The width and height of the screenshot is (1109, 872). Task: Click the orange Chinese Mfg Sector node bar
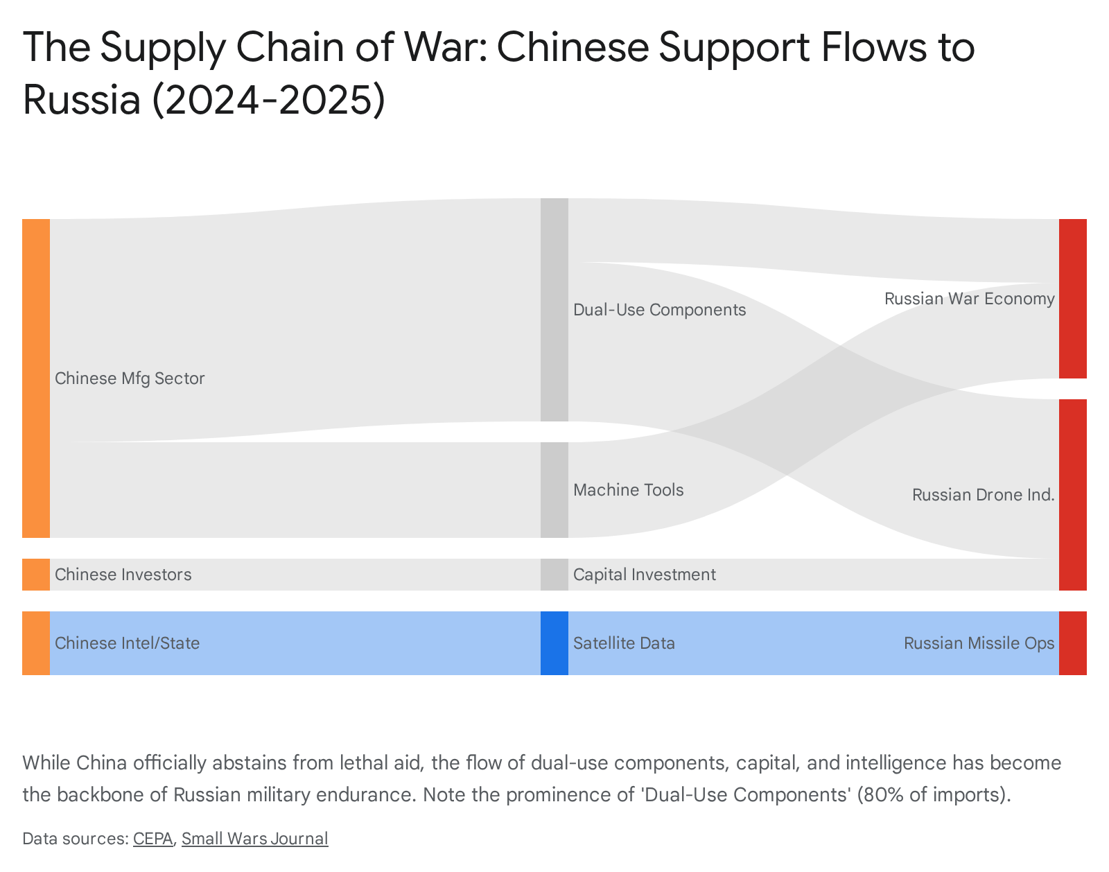coord(36,378)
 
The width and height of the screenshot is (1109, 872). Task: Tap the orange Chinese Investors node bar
coord(36,575)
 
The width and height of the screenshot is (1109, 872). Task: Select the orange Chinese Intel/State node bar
coord(36,643)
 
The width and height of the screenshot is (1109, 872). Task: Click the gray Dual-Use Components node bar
coord(554,309)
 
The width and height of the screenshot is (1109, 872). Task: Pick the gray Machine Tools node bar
coord(554,489)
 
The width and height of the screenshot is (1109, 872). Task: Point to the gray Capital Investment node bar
coord(554,575)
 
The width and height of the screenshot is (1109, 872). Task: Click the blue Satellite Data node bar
coord(554,643)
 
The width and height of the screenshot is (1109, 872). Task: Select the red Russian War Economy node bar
coord(1072,298)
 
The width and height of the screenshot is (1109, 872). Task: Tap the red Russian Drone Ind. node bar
coord(1072,494)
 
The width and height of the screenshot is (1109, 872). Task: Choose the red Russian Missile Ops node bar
coord(1072,643)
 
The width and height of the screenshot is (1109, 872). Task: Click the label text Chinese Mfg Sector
coord(130,378)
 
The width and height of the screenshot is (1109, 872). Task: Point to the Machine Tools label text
coord(628,490)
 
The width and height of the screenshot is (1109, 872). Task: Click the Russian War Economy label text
coord(969,299)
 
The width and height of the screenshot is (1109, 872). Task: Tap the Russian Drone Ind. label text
coord(983,495)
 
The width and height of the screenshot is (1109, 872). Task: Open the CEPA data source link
coord(152,839)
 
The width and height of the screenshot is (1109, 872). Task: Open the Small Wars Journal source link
coord(254,839)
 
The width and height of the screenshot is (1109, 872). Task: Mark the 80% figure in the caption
coord(879,794)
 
